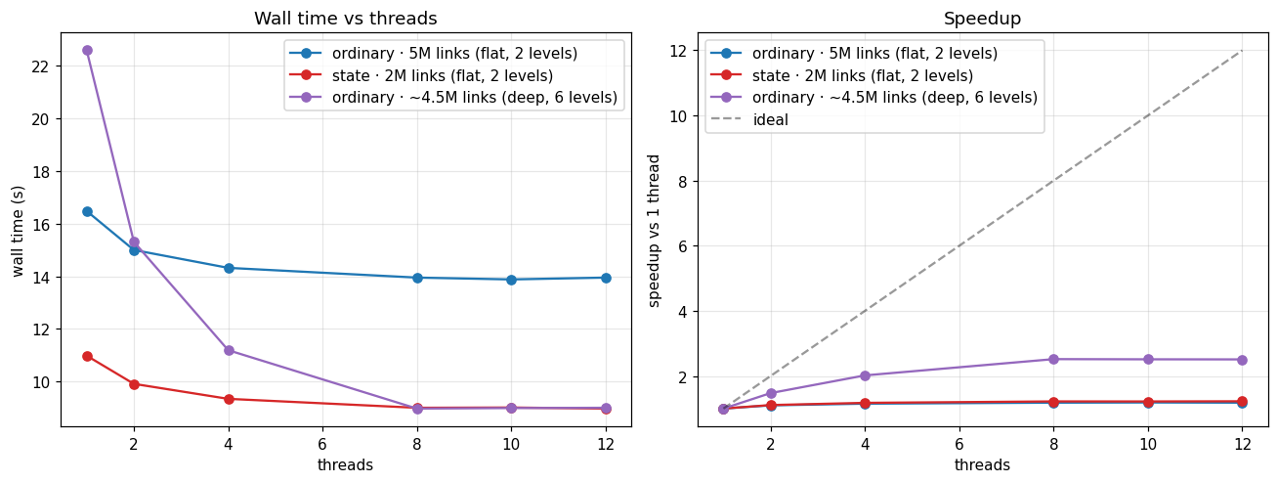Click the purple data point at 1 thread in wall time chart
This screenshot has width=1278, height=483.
[x=87, y=50]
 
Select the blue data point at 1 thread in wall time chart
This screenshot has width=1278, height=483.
[x=87, y=212]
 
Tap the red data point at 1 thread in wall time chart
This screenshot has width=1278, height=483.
[x=87, y=356]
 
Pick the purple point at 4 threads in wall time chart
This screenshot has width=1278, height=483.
[x=229, y=351]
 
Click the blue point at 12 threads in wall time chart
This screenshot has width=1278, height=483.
[x=606, y=278]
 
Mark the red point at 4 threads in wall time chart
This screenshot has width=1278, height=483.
[x=229, y=399]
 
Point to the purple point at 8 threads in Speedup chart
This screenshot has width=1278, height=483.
[x=1054, y=359]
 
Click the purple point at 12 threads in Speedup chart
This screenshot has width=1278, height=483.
[x=1242, y=360]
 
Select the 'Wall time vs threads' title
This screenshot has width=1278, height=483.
[x=346, y=19]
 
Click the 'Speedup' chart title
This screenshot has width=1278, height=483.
[x=982, y=19]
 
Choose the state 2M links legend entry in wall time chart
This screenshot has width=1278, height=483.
[x=422, y=75]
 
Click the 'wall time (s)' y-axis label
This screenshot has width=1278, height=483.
[x=18, y=231]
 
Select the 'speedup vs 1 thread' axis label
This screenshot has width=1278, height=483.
[x=654, y=231]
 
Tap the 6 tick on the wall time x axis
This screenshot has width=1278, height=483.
[x=322, y=444]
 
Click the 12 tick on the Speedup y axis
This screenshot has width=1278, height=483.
[x=677, y=51]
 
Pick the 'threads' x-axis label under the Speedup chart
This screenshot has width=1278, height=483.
[x=982, y=464]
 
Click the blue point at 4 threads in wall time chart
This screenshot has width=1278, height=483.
[x=229, y=268]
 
